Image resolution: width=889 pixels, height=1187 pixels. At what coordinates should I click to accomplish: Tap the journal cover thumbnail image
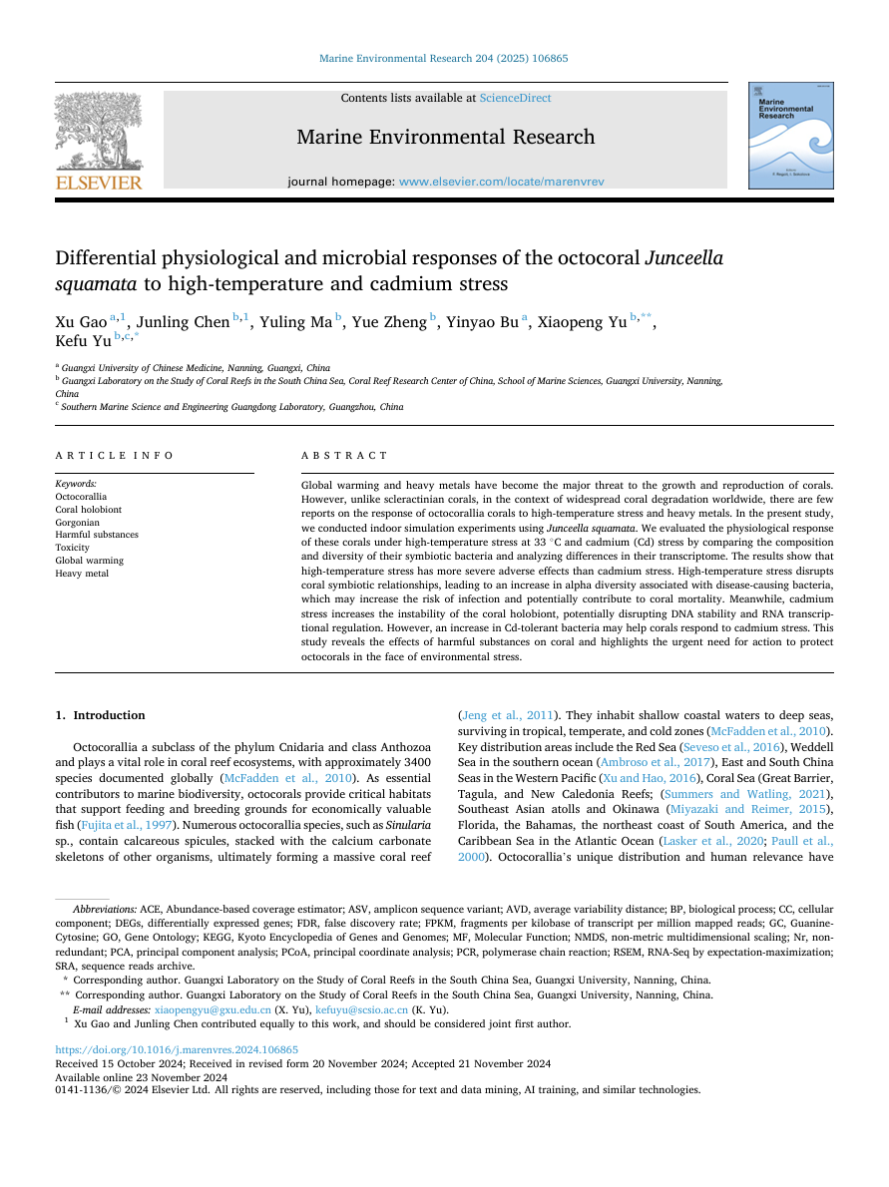tap(789, 137)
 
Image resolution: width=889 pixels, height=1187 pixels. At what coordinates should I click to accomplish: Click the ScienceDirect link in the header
tap(515, 98)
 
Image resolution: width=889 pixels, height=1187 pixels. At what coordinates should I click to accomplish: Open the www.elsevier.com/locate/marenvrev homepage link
tap(501, 183)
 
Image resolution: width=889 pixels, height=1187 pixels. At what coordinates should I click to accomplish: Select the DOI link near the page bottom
tap(177, 1050)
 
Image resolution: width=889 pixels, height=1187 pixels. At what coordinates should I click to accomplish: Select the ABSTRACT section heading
tap(344, 456)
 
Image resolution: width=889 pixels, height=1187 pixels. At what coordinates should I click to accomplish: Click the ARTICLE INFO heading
tap(115, 456)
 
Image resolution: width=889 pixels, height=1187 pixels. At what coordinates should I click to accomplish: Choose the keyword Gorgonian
tap(77, 522)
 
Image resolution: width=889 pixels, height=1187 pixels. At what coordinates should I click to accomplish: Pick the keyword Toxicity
tap(72, 548)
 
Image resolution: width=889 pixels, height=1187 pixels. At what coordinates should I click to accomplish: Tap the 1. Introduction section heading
tap(100, 715)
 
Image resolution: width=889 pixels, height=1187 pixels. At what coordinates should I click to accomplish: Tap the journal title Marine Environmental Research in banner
tap(445, 138)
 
